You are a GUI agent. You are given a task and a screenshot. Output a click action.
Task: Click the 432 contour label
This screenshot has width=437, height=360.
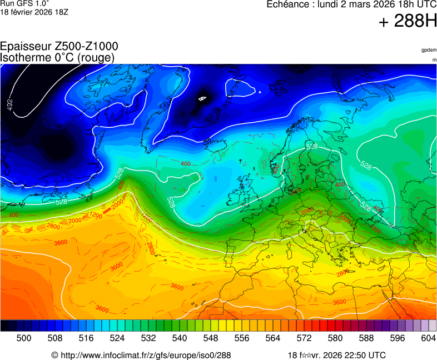pos(10,104)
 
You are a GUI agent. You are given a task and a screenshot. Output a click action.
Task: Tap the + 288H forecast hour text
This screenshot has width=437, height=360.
pos(408,21)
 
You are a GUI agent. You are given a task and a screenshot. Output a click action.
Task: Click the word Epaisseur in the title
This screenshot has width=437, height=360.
pos(23,47)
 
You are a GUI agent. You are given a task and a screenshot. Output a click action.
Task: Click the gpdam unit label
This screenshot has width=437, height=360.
pos(428,51)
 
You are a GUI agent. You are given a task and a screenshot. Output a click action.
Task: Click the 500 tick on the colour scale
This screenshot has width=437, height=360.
pos(24,338)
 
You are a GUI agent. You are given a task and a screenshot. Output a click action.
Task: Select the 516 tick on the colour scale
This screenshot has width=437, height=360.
pos(86,338)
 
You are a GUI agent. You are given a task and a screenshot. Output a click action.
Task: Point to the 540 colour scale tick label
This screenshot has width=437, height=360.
pos(180,338)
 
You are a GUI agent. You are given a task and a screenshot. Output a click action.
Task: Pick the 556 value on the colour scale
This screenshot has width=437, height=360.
pos(242,338)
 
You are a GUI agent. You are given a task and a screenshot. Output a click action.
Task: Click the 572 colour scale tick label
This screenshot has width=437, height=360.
pos(304,338)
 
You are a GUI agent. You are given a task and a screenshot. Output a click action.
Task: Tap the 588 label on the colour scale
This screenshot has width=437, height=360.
pos(366,338)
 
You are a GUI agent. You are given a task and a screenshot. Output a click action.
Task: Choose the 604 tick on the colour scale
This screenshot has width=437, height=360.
pos(428,338)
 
